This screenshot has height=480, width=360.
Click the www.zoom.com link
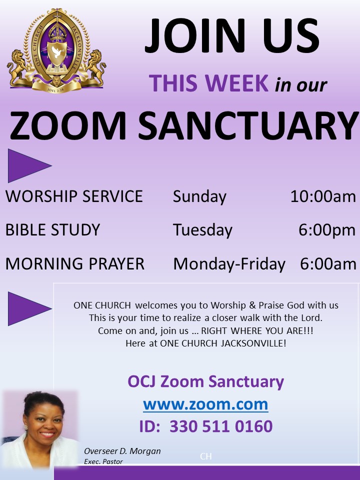[205, 404]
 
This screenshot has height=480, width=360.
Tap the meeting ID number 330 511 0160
[221, 426]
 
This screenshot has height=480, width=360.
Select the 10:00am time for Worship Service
[323, 196]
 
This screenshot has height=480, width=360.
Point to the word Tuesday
[202, 230]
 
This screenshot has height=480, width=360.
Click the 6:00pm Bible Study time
[327, 230]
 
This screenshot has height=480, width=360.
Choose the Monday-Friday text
[229, 264]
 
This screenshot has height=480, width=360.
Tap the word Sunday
[199, 197]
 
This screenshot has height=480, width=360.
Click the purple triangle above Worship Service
[29, 165]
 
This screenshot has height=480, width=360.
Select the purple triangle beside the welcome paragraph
[29, 308]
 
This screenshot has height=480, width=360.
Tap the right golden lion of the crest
[95, 67]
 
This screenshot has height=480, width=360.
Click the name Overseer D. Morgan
[122, 451]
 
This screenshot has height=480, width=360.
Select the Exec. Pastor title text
[103, 461]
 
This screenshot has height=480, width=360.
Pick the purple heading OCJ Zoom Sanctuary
[205, 382]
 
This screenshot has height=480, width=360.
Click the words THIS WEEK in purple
[209, 83]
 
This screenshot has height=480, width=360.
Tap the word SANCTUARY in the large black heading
[248, 125]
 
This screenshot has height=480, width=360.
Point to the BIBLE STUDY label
[52, 230]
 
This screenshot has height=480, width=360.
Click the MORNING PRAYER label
[75, 264]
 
